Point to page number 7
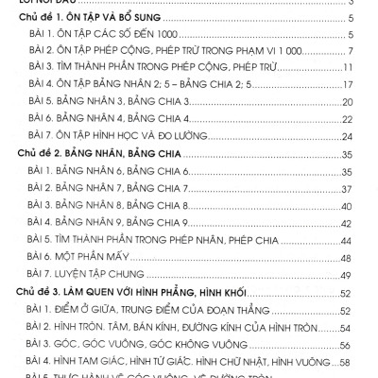(x=350, y=50)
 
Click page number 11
(x=348, y=67)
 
